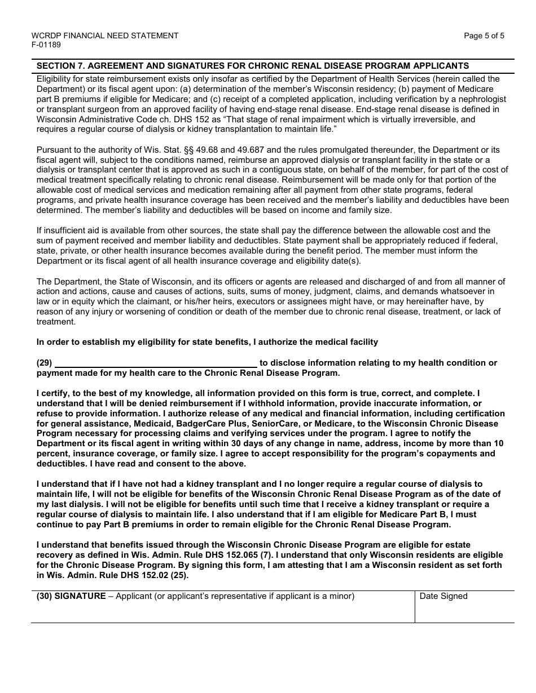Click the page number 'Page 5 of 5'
[484, 35]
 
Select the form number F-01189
[46, 45]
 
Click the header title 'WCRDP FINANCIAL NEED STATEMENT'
[105, 35]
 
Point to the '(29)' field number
[44, 363]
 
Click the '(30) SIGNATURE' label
[71, 596]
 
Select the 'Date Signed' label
[443, 596]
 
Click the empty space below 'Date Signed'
[464, 611]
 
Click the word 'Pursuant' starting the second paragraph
[54, 150]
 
